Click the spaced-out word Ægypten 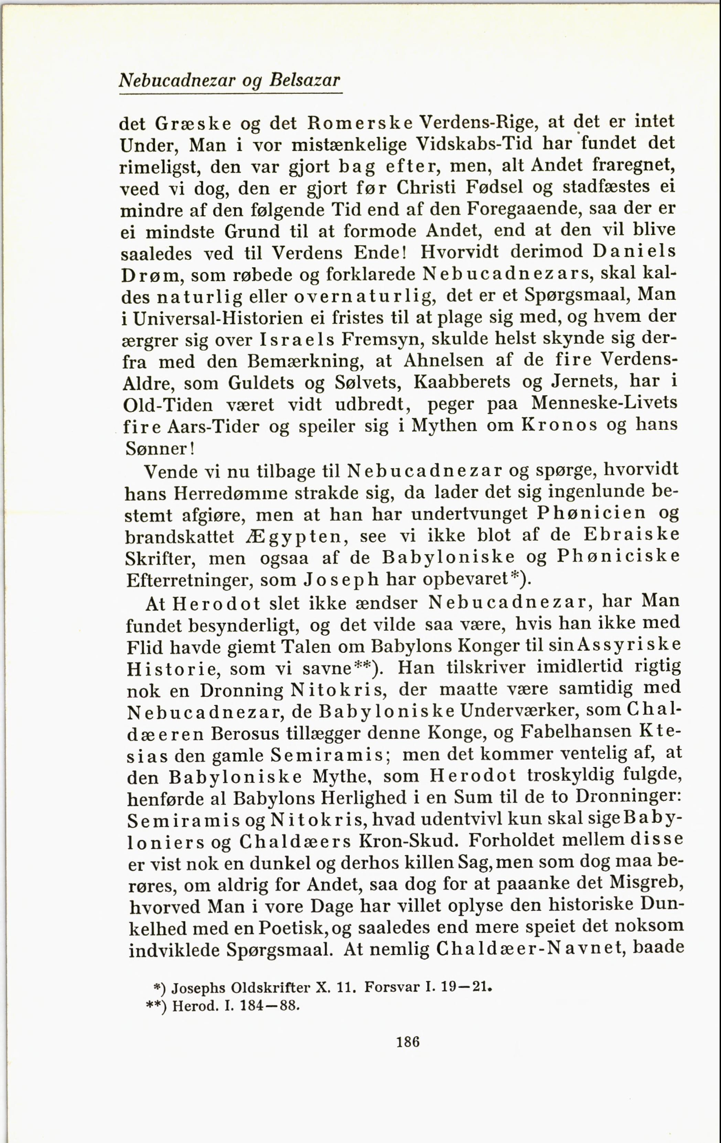pos(298,537)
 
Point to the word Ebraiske pos(631,535)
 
